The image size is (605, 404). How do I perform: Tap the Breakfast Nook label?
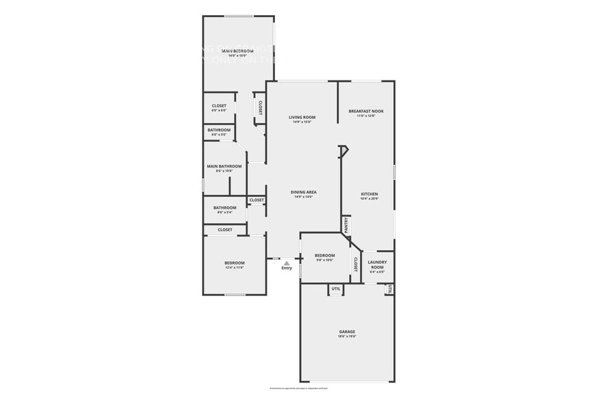[366, 111]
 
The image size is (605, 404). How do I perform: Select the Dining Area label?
[303, 192]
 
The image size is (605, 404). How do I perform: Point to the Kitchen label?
[370, 194]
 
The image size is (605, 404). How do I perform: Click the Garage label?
[346, 333]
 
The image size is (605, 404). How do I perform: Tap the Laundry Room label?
[377, 265]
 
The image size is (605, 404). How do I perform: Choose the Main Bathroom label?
[224, 166]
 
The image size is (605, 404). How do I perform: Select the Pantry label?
[347, 225]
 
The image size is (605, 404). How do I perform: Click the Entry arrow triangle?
[287, 262]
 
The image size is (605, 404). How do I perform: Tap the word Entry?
[287, 268]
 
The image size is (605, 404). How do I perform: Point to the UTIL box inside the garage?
[335, 289]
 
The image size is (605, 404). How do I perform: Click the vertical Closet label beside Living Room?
[260, 107]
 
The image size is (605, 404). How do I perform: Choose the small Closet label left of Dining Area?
[256, 200]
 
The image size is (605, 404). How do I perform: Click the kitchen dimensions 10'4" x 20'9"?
[370, 199]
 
